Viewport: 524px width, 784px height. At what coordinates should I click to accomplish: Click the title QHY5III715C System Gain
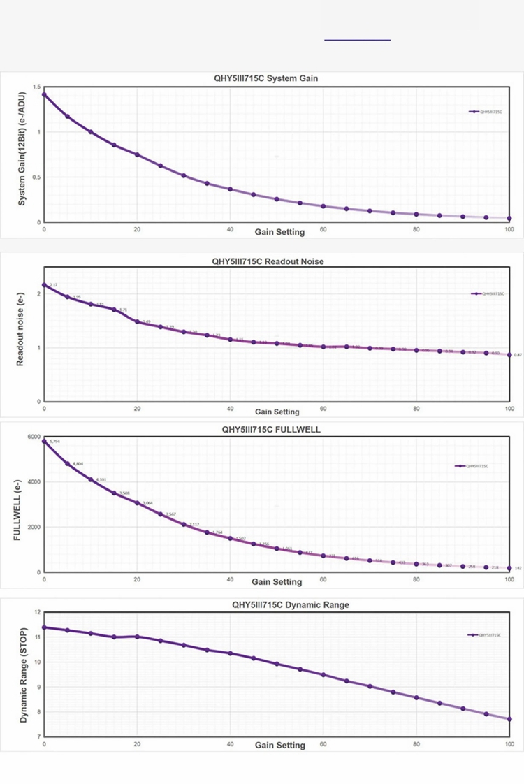(x=265, y=78)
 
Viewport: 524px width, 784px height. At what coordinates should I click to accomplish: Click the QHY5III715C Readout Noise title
(x=268, y=261)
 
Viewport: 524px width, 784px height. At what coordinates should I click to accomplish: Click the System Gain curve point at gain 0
(x=44, y=94)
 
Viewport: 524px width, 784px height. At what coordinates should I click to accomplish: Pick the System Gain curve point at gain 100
(x=509, y=219)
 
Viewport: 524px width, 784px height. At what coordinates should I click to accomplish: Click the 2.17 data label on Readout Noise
(x=54, y=285)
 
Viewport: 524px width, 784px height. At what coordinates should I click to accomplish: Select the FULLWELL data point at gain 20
(x=137, y=503)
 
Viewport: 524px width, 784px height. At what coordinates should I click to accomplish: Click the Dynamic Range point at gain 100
(x=509, y=719)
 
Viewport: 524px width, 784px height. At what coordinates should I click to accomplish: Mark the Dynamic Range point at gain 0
(x=44, y=627)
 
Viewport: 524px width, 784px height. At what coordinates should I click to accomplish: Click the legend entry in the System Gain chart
(x=486, y=111)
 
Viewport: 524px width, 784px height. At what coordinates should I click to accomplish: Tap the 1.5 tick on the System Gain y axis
(x=36, y=87)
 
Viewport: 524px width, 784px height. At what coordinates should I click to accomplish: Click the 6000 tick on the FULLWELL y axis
(x=34, y=437)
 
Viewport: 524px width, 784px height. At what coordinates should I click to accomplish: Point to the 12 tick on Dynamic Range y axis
(x=37, y=612)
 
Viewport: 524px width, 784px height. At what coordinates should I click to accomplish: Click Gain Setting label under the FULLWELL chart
(x=277, y=581)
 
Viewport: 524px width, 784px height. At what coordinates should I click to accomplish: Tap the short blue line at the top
(x=357, y=41)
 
